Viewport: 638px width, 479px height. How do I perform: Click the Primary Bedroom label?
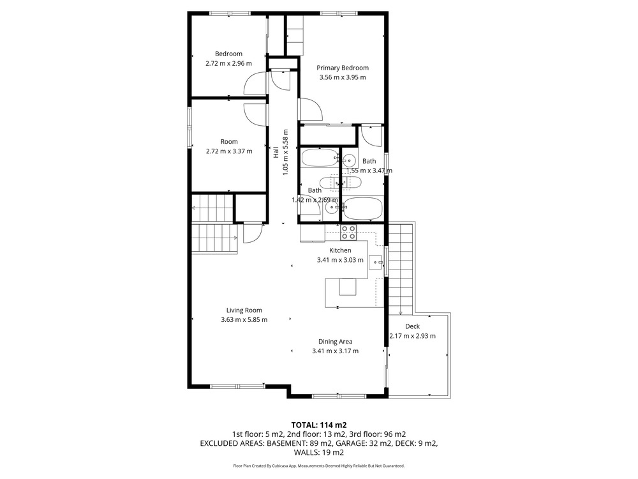tap(343, 68)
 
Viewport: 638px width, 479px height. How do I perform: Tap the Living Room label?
tap(244, 310)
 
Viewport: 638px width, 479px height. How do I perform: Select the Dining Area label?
tap(336, 342)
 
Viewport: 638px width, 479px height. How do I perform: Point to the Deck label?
tap(412, 326)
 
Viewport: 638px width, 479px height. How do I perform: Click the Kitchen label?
tap(340, 250)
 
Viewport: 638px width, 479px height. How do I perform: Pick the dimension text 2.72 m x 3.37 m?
tap(229, 151)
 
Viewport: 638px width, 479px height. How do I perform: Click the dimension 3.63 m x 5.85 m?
tap(244, 320)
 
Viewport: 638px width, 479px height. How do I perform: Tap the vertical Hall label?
tap(276, 153)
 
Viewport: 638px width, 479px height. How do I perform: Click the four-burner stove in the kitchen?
tap(348, 232)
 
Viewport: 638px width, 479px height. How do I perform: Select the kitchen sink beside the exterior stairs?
tap(376, 262)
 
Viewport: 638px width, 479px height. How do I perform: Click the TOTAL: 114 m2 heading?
tap(319, 425)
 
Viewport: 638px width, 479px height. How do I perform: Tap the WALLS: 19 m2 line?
tap(319, 453)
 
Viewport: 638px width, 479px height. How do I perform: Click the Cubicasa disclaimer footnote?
tap(319, 466)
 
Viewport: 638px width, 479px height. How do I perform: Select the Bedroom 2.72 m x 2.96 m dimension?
tap(228, 63)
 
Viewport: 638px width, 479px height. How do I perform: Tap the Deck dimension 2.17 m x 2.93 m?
tap(413, 336)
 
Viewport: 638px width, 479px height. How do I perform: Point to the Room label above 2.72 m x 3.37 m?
tap(229, 142)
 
